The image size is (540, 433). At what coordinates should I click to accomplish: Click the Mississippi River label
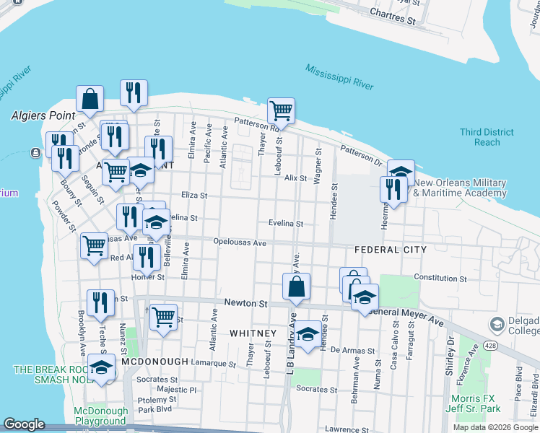click(339, 76)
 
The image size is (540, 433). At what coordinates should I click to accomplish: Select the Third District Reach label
click(487, 137)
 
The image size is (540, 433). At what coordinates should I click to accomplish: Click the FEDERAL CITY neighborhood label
click(390, 250)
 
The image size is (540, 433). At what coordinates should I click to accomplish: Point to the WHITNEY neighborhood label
click(253, 333)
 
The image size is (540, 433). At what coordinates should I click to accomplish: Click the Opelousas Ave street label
click(240, 243)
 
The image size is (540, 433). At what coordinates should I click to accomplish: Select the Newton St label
click(245, 304)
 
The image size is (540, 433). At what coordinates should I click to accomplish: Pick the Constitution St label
click(440, 278)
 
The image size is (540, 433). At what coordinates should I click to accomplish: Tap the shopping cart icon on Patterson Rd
click(281, 111)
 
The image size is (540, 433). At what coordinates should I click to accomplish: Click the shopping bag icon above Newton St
click(296, 287)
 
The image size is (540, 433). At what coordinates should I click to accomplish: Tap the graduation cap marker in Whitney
click(308, 333)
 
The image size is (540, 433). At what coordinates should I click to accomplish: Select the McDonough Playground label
click(100, 416)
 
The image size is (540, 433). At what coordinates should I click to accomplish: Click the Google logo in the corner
click(24, 424)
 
